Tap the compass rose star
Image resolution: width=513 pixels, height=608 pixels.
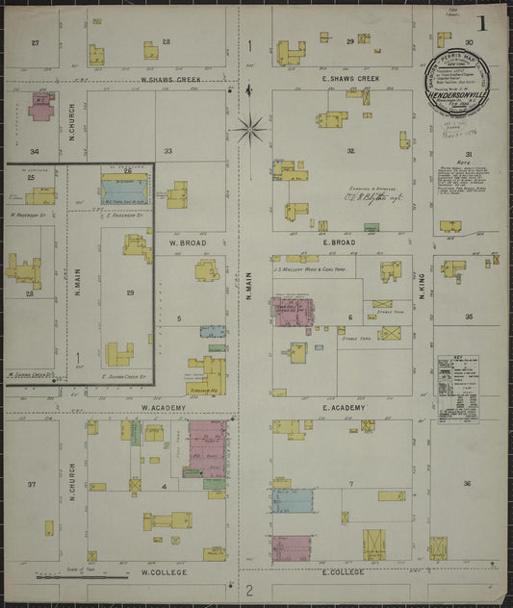[248, 125]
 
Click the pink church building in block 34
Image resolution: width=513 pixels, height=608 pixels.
[41, 108]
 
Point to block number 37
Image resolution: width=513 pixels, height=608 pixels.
[32, 484]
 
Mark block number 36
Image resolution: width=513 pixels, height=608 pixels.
[468, 483]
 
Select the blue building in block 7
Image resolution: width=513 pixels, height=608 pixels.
[292, 500]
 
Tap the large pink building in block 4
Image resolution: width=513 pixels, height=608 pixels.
[207, 447]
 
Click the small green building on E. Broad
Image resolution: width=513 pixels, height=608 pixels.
[371, 227]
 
